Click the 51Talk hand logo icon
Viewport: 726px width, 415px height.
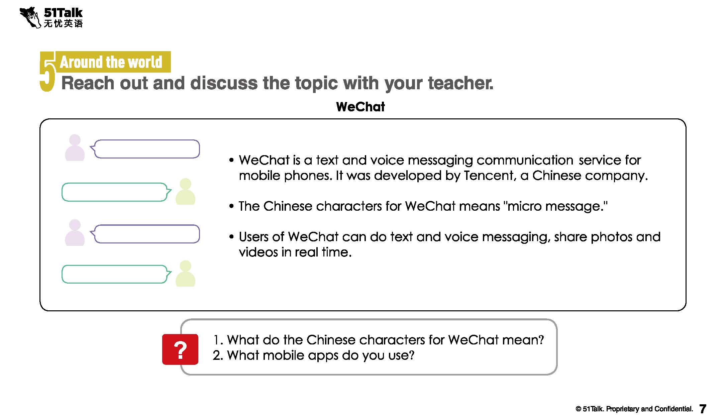(30, 17)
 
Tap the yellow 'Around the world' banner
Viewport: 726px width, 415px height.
(113, 62)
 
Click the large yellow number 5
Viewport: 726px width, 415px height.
(47, 72)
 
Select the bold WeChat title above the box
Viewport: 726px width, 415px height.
(360, 107)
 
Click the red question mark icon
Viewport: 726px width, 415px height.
(180, 349)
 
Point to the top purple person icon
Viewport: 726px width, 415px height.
(75, 147)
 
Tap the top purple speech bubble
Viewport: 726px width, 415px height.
(145, 149)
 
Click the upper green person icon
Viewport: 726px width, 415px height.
(185, 191)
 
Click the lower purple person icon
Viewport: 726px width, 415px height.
(75, 233)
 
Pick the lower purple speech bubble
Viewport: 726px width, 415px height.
(145, 234)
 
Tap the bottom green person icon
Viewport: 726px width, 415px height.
(185, 274)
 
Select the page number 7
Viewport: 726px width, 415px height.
(703, 409)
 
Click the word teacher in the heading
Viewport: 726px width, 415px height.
(460, 83)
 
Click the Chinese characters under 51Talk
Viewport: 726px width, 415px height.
(63, 23)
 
